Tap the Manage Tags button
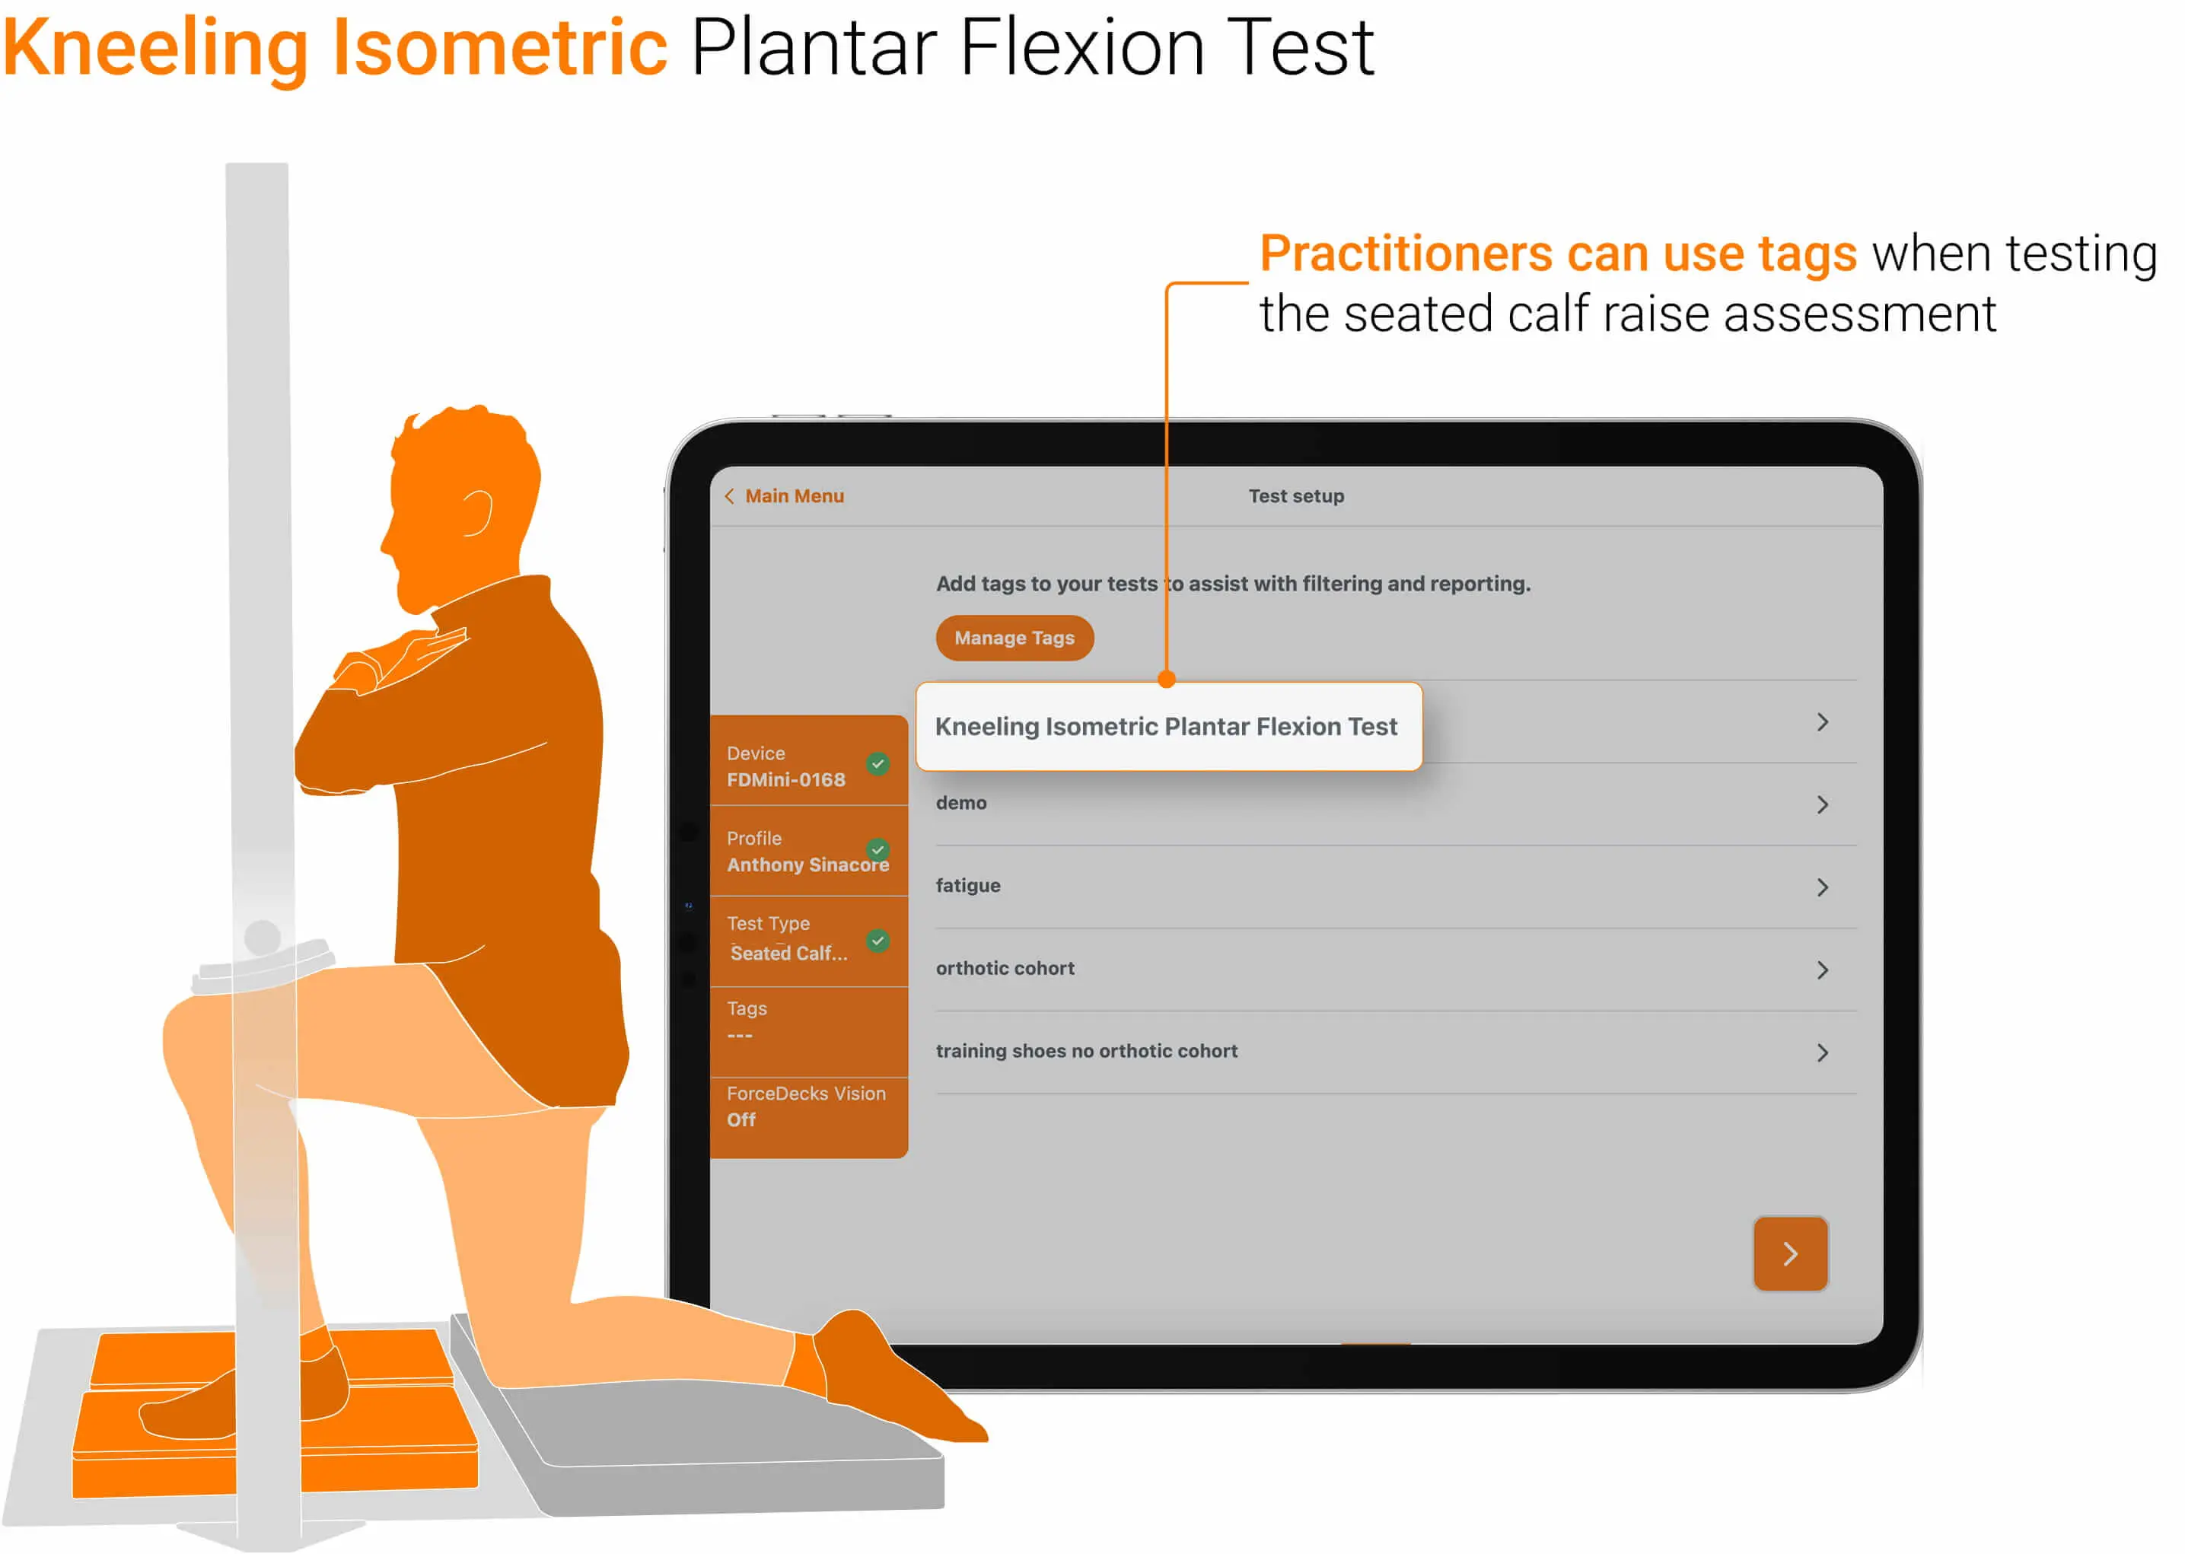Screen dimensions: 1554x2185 tap(1014, 638)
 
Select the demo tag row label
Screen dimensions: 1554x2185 tap(960, 803)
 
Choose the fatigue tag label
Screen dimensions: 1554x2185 tap(967, 885)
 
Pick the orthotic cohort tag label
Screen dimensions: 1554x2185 tap(1005, 968)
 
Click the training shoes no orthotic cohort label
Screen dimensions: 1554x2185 tap(1086, 1051)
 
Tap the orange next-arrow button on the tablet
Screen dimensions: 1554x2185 tap(1789, 1253)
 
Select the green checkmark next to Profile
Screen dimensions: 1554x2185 tap(878, 849)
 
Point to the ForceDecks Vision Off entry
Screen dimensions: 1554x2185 tap(805, 1107)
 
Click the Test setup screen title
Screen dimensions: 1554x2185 tap(1295, 495)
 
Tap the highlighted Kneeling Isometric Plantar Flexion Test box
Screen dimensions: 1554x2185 tap(1167, 726)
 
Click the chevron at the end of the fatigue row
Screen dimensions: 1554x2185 tap(1821, 887)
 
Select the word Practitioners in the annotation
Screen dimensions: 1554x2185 tap(1404, 253)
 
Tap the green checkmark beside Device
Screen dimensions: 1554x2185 tap(878, 763)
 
